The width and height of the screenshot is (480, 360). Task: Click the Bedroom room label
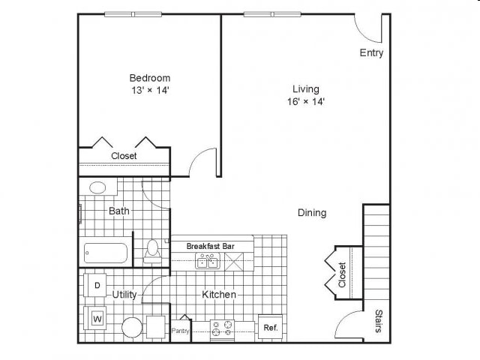(150, 78)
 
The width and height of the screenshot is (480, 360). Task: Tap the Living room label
(306, 89)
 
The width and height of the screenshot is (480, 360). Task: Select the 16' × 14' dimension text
(306, 102)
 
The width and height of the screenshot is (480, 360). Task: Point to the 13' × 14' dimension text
(150, 91)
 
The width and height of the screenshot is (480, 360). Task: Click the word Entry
(371, 52)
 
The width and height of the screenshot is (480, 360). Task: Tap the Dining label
(312, 213)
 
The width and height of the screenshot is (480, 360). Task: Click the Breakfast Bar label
(211, 246)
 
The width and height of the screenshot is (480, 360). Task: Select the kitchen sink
(208, 261)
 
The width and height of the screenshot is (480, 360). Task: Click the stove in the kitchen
(223, 328)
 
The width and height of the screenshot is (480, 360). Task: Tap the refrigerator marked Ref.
(270, 328)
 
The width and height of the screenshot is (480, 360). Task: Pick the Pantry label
(181, 331)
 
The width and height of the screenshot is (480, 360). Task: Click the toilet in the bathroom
(152, 249)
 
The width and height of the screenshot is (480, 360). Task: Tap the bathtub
(106, 253)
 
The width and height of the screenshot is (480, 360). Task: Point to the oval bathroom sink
(97, 188)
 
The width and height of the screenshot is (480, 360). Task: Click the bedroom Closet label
(124, 156)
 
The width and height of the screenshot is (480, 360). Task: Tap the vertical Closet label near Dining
(342, 274)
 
